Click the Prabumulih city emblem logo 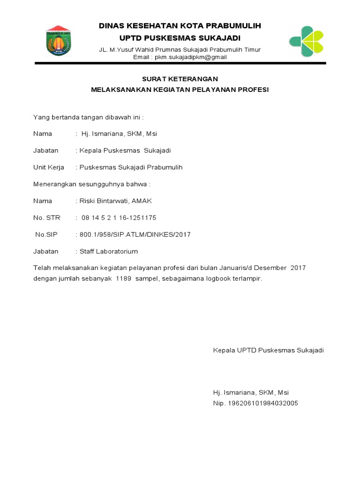(x=58, y=41)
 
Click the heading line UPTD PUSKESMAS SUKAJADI (x=180, y=37)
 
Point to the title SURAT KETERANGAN (x=180, y=79)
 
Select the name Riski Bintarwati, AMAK (x=116, y=201)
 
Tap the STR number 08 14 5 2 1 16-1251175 (x=119, y=218)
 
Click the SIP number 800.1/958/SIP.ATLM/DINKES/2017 (x=135, y=234)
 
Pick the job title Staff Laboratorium (x=109, y=251)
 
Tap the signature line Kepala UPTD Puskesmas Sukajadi (x=268, y=350)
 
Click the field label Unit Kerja (x=49, y=167)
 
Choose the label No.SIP (x=46, y=234)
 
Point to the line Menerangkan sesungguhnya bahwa (x=91, y=184)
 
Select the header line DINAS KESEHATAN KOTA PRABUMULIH (x=180, y=26)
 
